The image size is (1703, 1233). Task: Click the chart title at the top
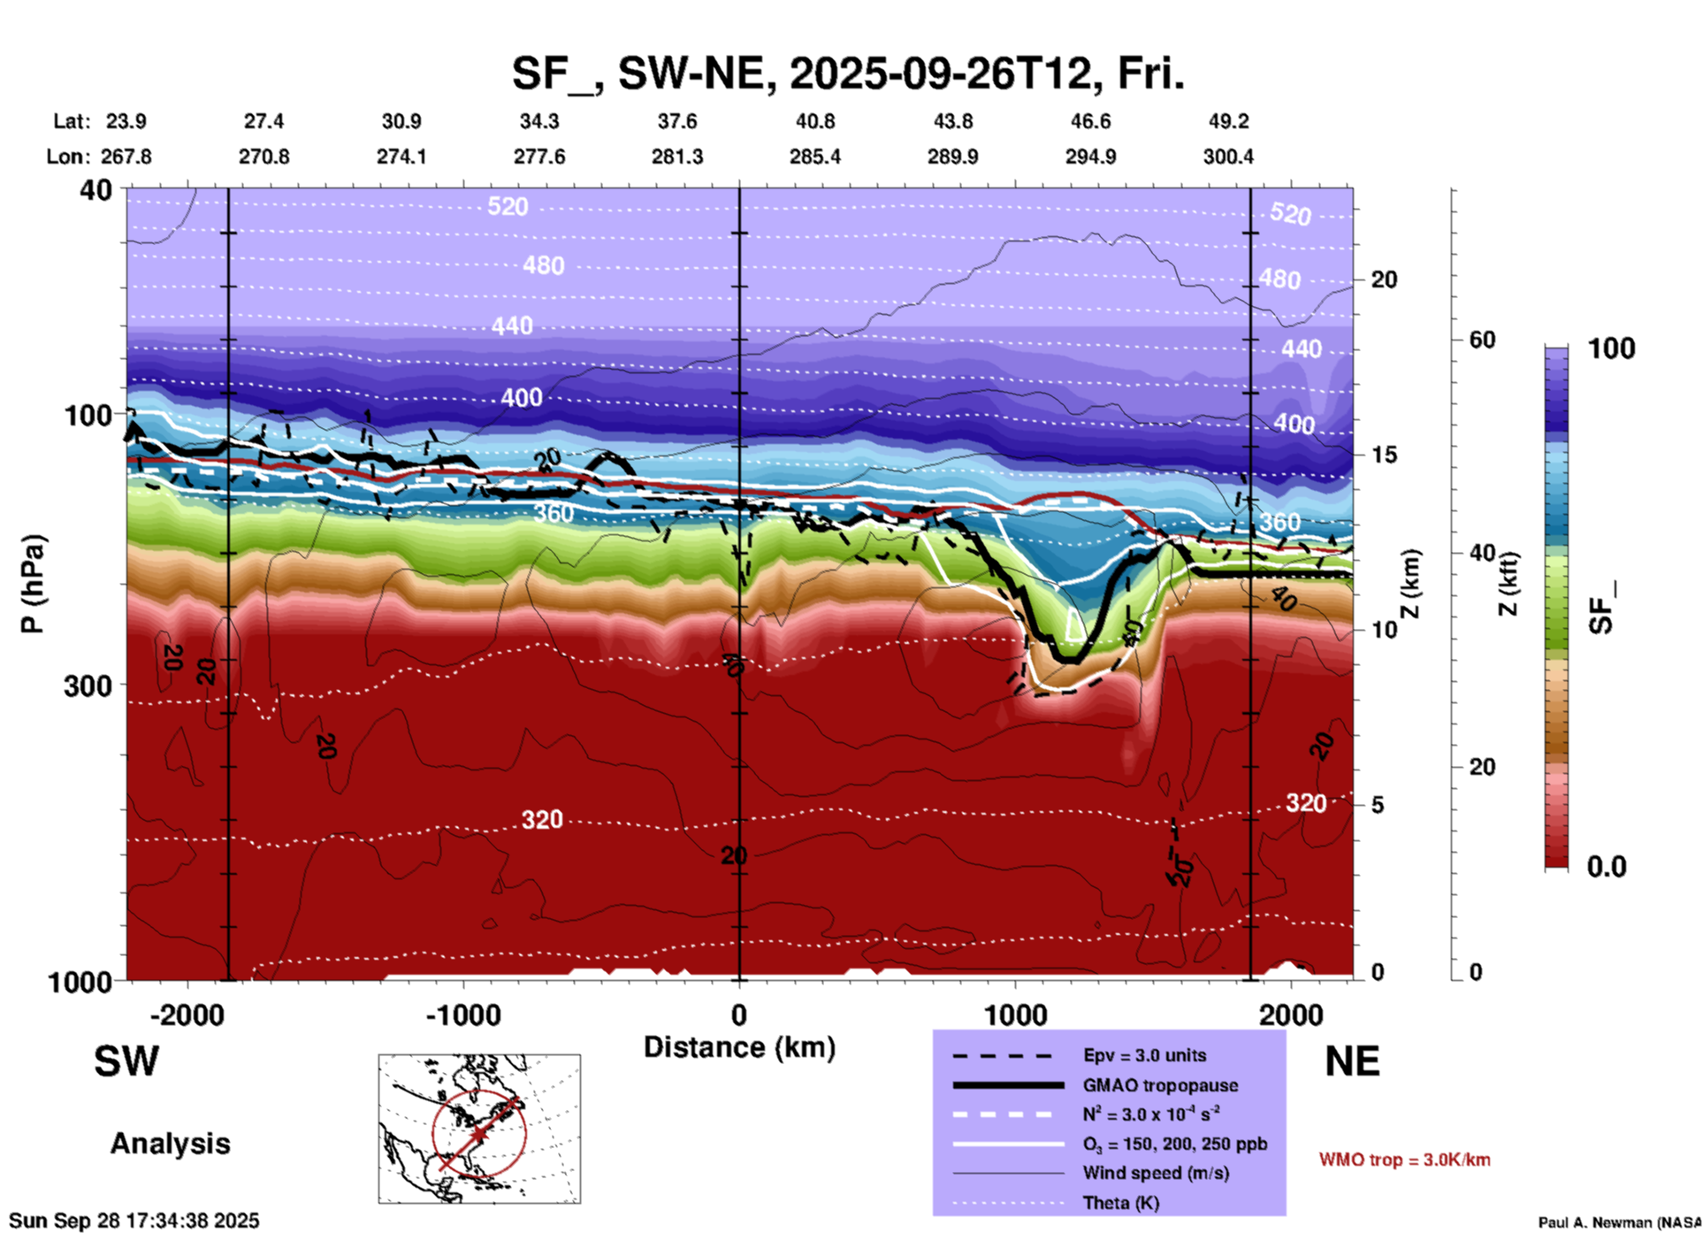tap(847, 74)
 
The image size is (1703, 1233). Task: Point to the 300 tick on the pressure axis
tap(88, 685)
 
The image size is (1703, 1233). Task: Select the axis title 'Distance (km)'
tap(739, 1047)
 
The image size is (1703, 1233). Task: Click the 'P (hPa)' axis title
tap(33, 584)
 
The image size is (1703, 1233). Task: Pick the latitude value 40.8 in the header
tap(814, 121)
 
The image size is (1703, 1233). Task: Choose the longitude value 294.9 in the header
tap(1090, 157)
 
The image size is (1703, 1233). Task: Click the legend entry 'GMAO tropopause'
tap(1160, 1085)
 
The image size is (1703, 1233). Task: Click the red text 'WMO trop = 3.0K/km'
tap(1404, 1160)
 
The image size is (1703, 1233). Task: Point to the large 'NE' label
tap(1352, 1061)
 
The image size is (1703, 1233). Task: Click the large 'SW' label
tap(126, 1061)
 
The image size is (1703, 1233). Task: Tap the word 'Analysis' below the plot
tap(170, 1144)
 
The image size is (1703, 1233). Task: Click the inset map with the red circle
tap(479, 1128)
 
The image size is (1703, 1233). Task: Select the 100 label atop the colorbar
tap(1611, 348)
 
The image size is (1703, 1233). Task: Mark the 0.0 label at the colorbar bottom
tap(1607, 867)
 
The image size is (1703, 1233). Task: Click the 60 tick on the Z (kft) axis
tap(1482, 340)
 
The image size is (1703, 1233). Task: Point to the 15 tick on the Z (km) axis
tap(1384, 455)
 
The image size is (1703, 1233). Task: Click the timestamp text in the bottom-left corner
tap(134, 1221)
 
